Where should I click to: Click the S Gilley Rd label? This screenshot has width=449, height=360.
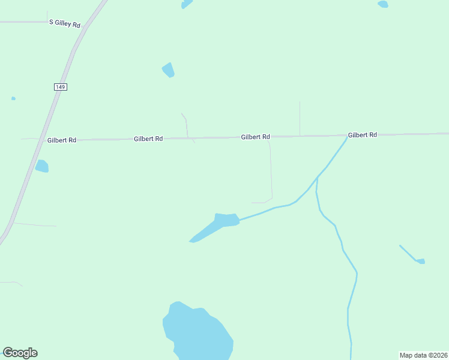tap(65, 23)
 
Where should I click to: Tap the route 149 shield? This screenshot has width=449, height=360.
tap(60, 87)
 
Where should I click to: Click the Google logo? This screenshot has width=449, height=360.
tap(20, 353)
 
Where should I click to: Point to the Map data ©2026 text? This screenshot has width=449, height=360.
tap(423, 355)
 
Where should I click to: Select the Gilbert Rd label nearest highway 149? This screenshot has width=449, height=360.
tap(62, 140)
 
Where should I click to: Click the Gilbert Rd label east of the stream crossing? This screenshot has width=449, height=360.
tap(362, 135)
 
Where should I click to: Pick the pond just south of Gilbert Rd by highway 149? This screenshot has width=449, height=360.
tap(42, 166)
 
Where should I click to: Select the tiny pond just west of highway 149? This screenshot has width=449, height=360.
tap(13, 98)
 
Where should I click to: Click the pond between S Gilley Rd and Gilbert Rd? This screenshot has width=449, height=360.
tap(169, 70)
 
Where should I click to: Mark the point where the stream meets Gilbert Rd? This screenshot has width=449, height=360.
tap(348, 137)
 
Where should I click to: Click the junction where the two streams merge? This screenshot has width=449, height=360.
tap(317, 178)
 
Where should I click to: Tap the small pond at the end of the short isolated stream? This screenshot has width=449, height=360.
tap(421, 261)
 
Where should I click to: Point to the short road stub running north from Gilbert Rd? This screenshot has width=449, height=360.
tap(300, 118)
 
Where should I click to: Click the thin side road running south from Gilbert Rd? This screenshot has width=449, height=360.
tap(271, 171)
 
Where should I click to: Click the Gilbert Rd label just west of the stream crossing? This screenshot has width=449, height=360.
tap(255, 137)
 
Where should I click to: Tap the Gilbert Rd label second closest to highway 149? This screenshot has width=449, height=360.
tap(148, 139)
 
